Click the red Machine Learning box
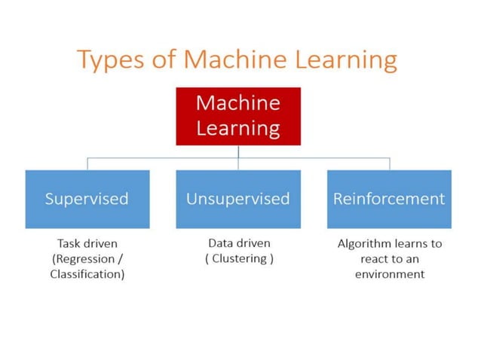[x=238, y=116]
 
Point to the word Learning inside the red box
[x=238, y=128]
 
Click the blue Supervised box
[x=87, y=199]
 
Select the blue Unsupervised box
[x=238, y=199]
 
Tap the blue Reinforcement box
[x=389, y=199]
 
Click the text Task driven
[x=87, y=244]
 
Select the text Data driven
[x=238, y=244]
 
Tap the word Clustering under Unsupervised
[x=239, y=258]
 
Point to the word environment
[x=389, y=274]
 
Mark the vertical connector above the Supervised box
[x=87, y=164]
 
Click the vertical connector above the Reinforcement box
[x=390, y=164]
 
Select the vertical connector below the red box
[x=238, y=151]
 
